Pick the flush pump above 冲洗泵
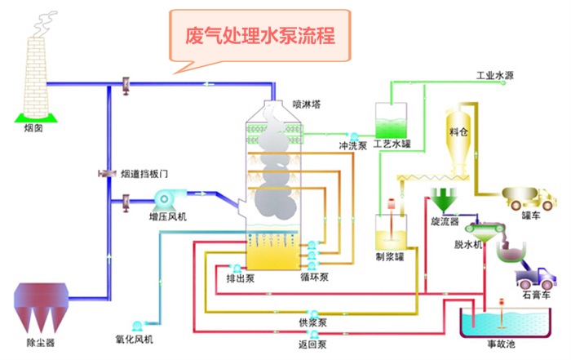353,136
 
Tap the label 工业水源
495,75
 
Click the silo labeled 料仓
458,139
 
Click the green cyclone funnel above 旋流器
444,199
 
